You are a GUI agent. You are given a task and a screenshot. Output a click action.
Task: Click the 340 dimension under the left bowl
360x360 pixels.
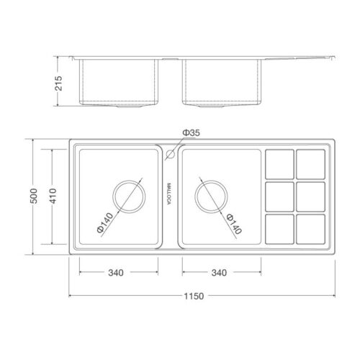[x=115, y=273]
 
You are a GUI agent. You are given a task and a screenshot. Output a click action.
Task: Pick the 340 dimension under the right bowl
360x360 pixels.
[x=220, y=273]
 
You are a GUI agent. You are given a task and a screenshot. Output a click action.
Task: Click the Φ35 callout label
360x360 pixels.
[x=190, y=132]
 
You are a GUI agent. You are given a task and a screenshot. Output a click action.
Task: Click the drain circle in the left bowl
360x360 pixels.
[x=127, y=196]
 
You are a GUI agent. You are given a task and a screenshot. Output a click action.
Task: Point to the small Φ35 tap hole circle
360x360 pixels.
[x=171, y=153]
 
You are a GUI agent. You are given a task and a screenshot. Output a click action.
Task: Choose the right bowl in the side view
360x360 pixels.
[x=220, y=82]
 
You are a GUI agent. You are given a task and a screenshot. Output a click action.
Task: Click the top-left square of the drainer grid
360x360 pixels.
[x=279, y=163]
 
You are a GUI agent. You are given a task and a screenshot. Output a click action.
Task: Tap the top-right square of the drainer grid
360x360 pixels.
[x=310, y=163]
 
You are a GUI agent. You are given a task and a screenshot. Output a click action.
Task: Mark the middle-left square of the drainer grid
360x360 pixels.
[x=279, y=196]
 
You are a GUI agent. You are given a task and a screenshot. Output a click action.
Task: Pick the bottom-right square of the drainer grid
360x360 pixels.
[x=310, y=229]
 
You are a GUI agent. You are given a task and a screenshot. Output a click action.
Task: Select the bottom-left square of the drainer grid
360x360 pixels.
[x=279, y=229]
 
